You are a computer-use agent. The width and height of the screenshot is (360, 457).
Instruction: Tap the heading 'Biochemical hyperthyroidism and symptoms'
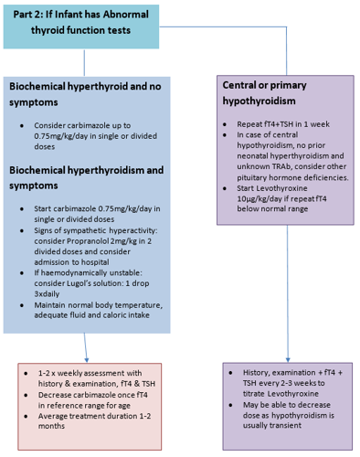click(86, 177)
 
